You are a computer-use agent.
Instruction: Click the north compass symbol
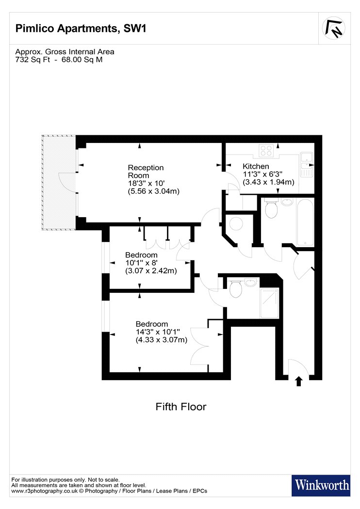[x=334, y=28]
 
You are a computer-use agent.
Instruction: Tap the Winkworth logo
[x=321, y=485]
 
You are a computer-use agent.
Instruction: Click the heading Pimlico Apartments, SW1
[x=81, y=29]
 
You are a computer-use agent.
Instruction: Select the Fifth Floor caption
[x=180, y=406]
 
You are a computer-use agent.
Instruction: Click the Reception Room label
[x=146, y=172]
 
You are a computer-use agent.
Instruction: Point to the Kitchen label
[x=256, y=166]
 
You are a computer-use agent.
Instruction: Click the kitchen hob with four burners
[x=266, y=151]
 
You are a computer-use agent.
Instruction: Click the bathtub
[x=305, y=223]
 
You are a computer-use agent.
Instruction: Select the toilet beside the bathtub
[x=271, y=208]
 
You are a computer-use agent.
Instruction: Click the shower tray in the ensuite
[x=269, y=303]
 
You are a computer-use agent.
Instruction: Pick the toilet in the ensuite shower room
[x=235, y=288]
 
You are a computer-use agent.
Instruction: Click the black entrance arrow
[x=298, y=381]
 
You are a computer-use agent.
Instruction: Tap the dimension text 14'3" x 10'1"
[x=158, y=332]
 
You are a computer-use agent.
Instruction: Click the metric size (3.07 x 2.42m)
[x=151, y=270]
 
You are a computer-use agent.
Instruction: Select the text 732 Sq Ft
[x=33, y=60]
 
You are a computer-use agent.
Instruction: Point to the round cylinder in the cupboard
[x=236, y=223]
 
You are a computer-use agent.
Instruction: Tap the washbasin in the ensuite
[x=250, y=282]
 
